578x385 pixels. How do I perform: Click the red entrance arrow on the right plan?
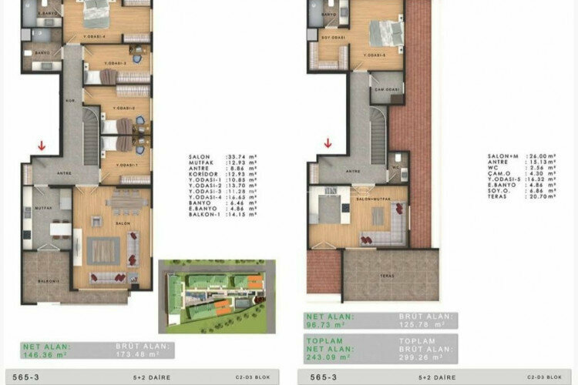click(328, 142)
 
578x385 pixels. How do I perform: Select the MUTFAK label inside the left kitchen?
click(44, 208)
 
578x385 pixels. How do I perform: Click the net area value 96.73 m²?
click(326, 323)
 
